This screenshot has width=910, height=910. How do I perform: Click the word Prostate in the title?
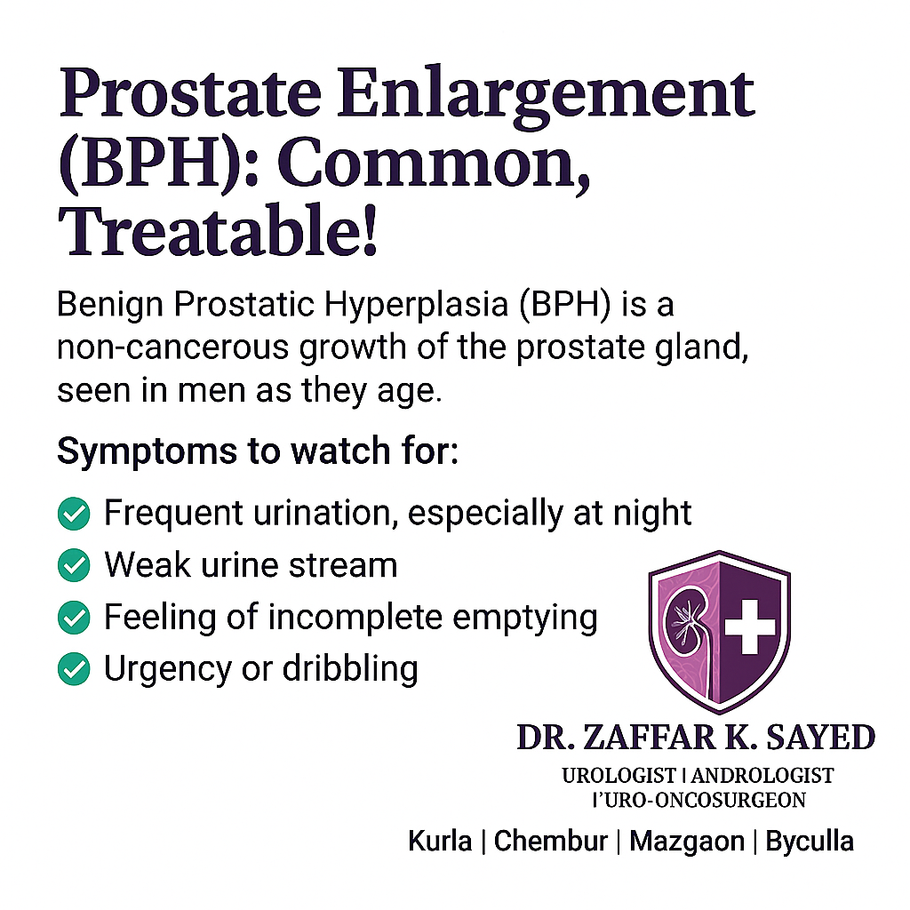point(190,92)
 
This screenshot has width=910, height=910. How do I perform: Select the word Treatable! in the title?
point(218,230)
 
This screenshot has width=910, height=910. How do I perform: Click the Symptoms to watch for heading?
point(258,451)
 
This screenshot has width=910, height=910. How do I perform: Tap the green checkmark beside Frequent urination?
point(75,514)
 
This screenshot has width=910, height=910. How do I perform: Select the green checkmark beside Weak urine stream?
point(75,565)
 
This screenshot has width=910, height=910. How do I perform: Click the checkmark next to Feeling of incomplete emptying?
point(75,617)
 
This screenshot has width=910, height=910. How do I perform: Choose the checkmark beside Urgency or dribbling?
point(75,668)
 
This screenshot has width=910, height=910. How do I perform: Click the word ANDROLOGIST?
point(762,775)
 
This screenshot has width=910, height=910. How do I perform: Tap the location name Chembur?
point(551,841)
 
